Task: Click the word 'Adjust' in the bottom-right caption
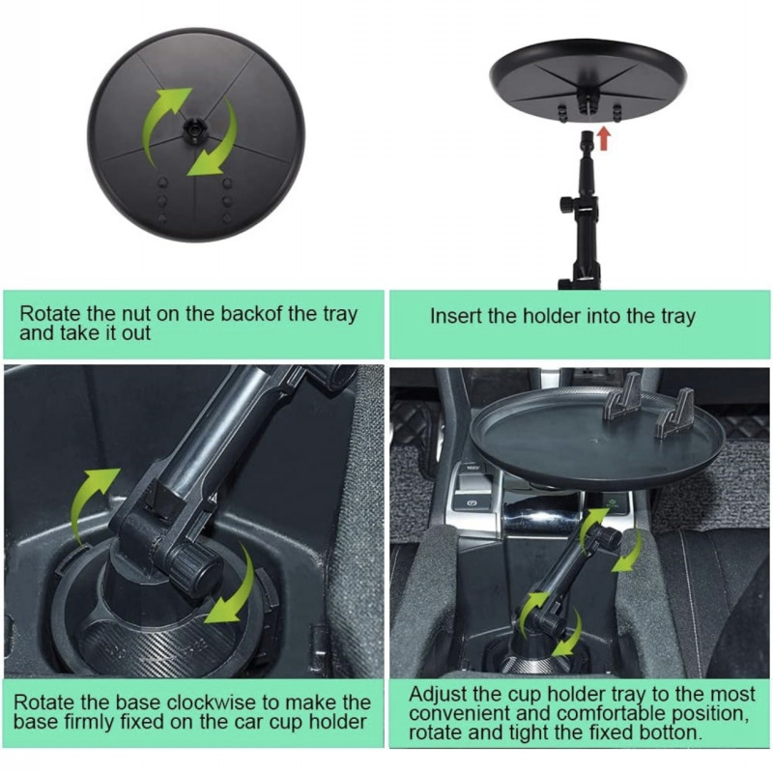pyautogui.click(x=438, y=695)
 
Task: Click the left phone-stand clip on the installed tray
pyautogui.click(x=622, y=396)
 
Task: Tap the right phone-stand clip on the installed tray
pyautogui.click(x=677, y=414)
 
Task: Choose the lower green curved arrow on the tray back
pyautogui.click(x=215, y=141)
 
